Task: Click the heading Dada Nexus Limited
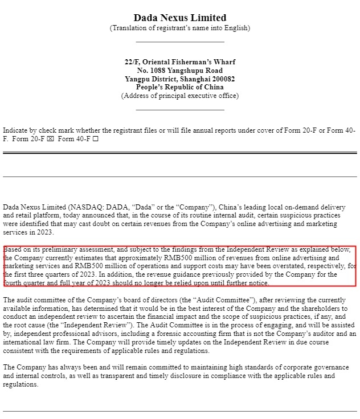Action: [179, 18]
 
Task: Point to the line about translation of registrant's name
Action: [179, 28]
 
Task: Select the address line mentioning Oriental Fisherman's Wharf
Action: [180, 61]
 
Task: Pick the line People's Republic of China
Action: [179, 87]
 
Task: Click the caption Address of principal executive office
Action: [179, 96]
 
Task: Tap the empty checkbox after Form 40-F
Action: [87, 139]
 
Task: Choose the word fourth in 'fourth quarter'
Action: [13, 284]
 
